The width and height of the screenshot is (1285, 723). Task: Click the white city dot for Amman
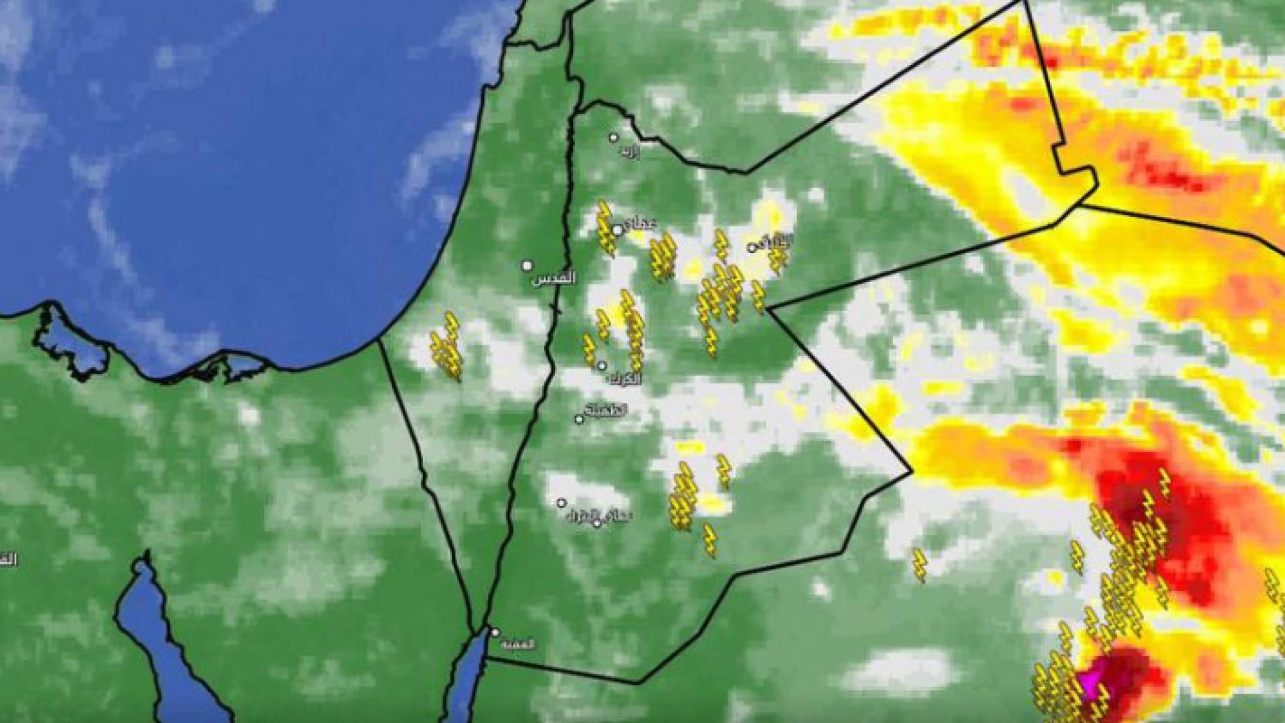point(617,230)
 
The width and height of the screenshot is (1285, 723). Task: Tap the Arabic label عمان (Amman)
point(640,224)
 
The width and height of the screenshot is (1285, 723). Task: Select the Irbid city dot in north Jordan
point(613,137)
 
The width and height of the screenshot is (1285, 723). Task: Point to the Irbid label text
point(629,153)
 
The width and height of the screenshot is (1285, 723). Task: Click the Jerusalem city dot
point(527,266)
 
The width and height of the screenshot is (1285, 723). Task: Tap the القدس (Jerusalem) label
point(553,279)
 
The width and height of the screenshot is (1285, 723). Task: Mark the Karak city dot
point(602,366)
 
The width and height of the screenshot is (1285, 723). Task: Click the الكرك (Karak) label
point(626,379)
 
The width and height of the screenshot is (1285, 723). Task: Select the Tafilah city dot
point(579,419)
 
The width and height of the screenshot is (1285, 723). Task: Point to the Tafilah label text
point(604,410)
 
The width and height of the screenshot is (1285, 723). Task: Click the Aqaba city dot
point(495,632)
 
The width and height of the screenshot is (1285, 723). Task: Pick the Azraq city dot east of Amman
point(752,248)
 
